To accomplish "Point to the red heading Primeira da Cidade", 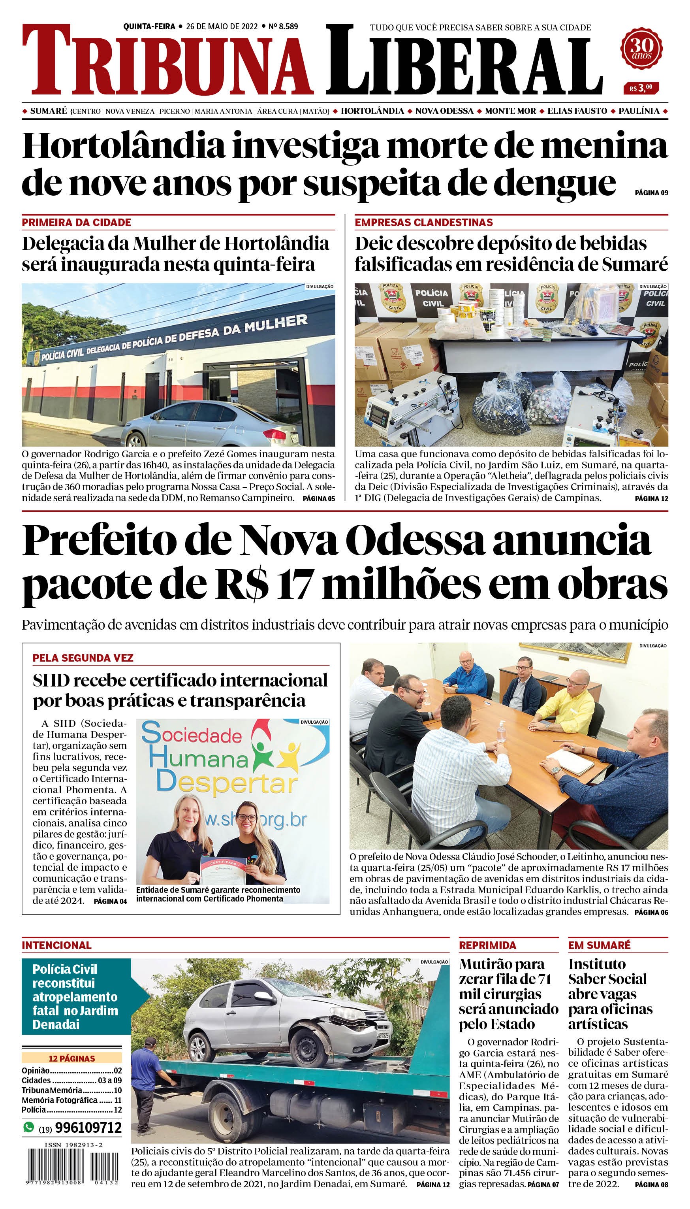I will click(76, 223).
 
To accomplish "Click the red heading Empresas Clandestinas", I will click(424, 223).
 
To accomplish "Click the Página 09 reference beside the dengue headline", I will click(651, 193).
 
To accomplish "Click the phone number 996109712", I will click(88, 1128).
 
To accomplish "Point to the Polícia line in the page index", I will click(71, 1109).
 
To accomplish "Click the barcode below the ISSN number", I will click(71, 1165).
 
